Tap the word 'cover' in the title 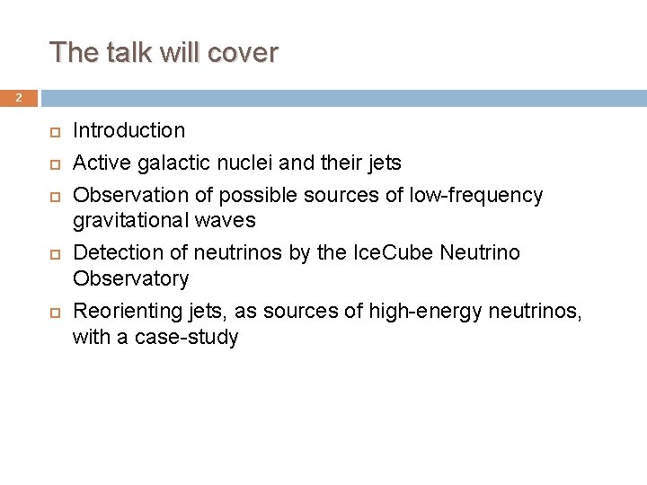pos(242,53)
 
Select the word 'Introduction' pos(129,131)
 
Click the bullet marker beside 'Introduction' pos(53,132)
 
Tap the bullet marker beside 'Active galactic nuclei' pos(53,164)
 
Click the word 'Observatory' pos(130,279)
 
